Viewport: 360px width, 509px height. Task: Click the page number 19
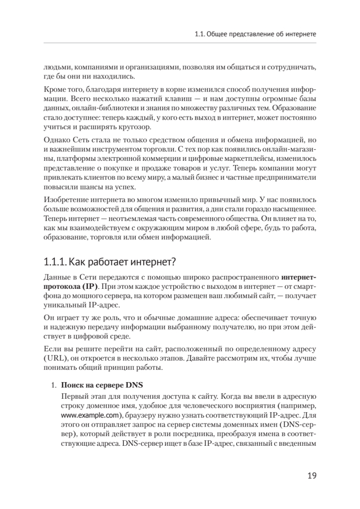tap(311, 475)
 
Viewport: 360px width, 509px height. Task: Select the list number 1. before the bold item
tap(53, 386)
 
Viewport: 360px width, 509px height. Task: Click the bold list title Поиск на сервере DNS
tap(102, 386)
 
